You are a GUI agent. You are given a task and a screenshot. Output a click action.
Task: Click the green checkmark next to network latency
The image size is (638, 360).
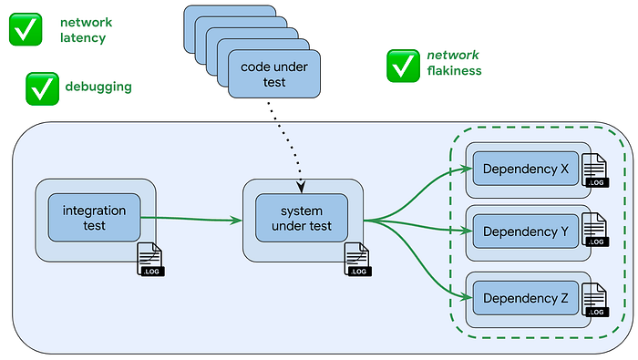click(x=26, y=29)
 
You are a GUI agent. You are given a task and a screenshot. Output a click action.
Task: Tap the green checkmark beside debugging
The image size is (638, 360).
click(x=42, y=88)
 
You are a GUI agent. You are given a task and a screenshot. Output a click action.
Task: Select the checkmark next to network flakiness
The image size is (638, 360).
click(x=403, y=66)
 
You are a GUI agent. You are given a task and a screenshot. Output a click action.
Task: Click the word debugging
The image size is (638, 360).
click(x=98, y=87)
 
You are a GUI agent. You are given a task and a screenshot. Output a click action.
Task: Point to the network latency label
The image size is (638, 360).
click(x=87, y=30)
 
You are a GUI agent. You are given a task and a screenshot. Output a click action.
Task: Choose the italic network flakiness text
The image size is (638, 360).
click(x=454, y=63)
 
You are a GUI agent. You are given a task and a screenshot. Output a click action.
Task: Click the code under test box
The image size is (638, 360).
click(x=274, y=74)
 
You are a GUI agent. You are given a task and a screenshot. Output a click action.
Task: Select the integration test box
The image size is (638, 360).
click(x=95, y=218)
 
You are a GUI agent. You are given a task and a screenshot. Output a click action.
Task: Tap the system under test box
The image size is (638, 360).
click(x=302, y=218)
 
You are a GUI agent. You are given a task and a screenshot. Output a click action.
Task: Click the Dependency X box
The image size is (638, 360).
click(x=525, y=169)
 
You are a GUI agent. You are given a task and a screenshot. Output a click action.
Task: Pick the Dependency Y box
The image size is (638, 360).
click(x=525, y=231)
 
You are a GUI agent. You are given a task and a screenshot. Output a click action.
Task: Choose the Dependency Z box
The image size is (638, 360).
click(x=525, y=298)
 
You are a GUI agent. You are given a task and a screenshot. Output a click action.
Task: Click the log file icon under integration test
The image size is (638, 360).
click(x=150, y=259)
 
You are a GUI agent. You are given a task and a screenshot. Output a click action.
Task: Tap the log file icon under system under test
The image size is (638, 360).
click(x=357, y=259)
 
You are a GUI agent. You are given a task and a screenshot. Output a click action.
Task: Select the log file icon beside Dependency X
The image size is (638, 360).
click(x=596, y=170)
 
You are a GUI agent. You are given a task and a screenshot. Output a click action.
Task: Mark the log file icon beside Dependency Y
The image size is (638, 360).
click(x=596, y=230)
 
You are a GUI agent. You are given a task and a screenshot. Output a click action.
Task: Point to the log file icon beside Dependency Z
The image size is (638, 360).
click(x=596, y=300)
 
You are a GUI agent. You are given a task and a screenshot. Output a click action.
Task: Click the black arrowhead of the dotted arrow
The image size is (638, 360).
click(x=301, y=187)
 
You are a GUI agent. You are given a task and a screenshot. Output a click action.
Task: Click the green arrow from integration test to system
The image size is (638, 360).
click(x=191, y=219)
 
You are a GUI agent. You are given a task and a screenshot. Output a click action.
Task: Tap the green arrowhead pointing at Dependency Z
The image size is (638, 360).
click(x=467, y=297)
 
